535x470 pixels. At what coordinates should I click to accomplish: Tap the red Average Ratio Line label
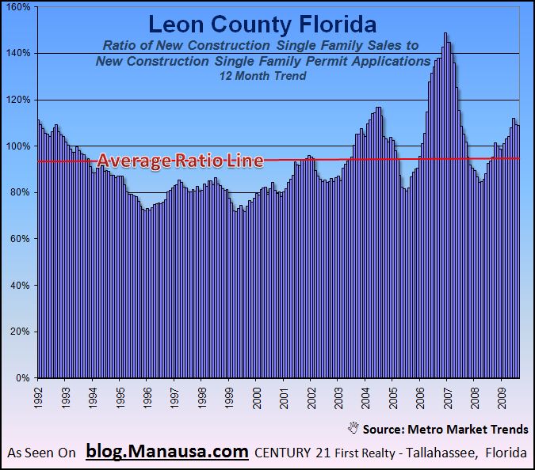point(180,161)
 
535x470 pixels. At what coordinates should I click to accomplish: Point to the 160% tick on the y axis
point(18,7)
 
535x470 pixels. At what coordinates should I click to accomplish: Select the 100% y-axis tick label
point(18,146)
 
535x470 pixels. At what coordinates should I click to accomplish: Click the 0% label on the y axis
point(23,378)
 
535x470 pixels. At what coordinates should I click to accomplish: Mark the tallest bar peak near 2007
point(445,34)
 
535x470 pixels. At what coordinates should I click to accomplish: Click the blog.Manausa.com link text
point(167,453)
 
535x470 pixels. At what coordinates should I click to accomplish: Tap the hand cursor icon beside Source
point(353,428)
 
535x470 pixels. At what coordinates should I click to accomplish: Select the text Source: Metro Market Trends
point(445,430)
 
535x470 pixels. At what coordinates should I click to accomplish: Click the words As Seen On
point(41,453)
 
